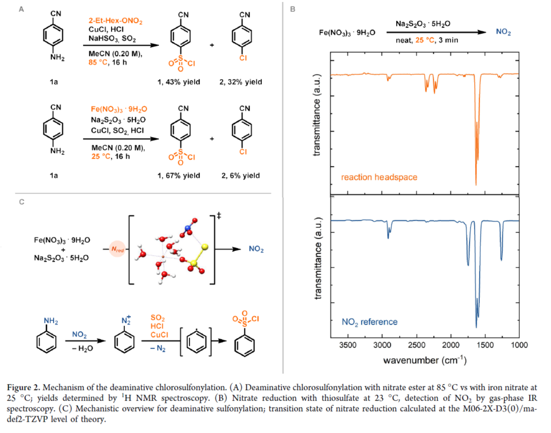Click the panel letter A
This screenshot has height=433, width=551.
click(21, 9)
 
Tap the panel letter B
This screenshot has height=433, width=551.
click(293, 9)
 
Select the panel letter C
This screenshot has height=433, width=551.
click(22, 202)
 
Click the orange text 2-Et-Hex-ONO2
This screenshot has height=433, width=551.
click(115, 21)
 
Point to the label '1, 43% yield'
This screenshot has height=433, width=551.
click(178, 82)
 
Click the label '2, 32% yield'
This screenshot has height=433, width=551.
click(241, 82)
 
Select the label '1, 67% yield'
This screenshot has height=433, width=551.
click(178, 176)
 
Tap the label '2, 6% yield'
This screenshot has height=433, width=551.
click(241, 176)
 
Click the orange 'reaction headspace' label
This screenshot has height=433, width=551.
click(379, 177)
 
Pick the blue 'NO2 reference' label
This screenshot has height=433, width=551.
click(370, 322)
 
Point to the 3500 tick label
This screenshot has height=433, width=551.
click(348, 345)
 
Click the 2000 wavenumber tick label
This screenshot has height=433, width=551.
click(451, 345)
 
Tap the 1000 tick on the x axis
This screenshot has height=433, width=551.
click(519, 345)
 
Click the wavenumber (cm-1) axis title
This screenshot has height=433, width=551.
click(425, 360)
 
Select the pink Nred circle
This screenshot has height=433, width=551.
click(117, 249)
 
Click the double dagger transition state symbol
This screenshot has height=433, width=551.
click(219, 216)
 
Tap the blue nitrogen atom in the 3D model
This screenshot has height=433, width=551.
click(188, 228)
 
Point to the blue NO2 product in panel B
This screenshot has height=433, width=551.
click(503, 32)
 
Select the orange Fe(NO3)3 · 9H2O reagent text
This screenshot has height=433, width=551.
click(119, 109)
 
